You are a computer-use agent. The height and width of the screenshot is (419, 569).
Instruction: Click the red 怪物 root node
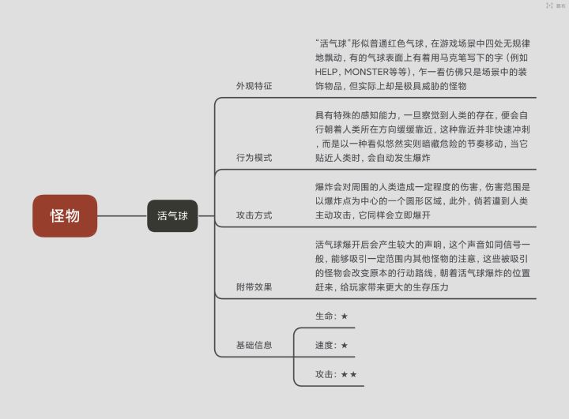(x=65, y=215)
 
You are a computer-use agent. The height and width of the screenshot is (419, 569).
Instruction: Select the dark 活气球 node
(x=172, y=215)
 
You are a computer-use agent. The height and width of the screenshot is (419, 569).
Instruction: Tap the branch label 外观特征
(x=254, y=86)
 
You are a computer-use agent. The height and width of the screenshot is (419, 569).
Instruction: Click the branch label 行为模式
(x=254, y=158)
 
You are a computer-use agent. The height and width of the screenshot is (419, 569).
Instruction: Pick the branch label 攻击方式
(x=254, y=215)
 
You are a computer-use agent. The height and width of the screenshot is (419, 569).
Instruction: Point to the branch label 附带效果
(x=254, y=286)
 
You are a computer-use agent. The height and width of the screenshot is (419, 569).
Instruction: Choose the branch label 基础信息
(x=254, y=345)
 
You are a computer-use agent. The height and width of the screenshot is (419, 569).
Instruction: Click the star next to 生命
(x=345, y=316)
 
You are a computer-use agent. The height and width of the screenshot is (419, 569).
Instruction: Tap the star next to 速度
(x=345, y=345)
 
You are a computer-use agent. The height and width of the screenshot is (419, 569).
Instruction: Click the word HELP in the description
(x=326, y=72)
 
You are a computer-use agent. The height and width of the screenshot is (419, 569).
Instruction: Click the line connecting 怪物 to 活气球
(x=122, y=215)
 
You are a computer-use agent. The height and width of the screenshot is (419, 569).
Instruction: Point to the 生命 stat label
(x=324, y=316)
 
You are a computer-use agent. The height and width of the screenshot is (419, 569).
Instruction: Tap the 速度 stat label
(x=324, y=345)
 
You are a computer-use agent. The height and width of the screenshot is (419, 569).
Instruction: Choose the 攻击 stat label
(x=324, y=374)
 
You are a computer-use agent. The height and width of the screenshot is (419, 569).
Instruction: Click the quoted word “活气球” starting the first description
(x=333, y=43)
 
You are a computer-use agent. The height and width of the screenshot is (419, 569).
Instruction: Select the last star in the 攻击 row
(x=353, y=374)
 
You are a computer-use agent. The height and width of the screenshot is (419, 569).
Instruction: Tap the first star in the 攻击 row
(x=345, y=374)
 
